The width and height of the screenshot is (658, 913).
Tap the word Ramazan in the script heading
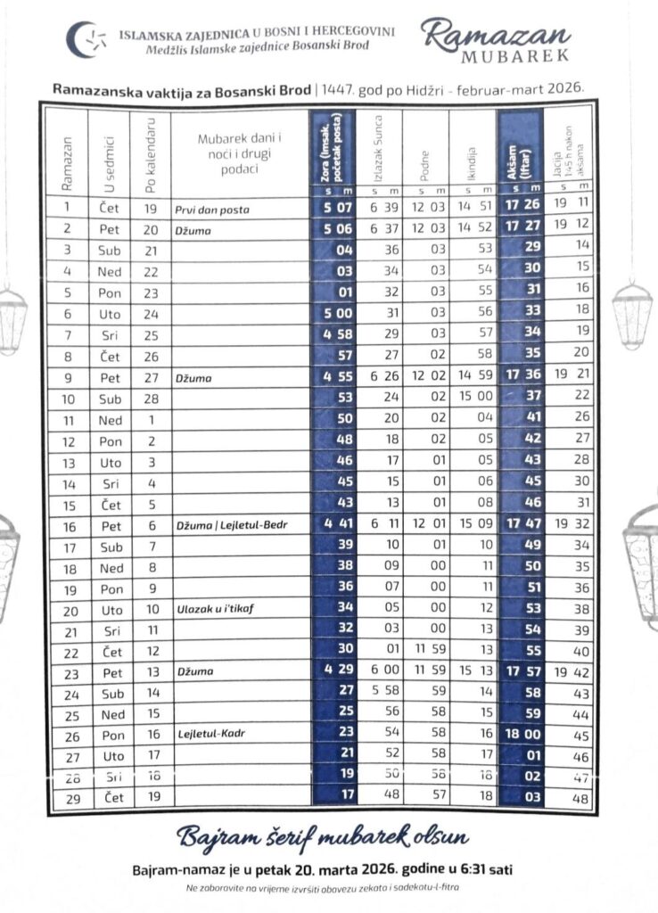(x=497, y=34)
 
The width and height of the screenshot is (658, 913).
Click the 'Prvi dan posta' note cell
(x=211, y=210)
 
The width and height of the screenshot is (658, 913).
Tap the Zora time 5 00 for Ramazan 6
(x=333, y=313)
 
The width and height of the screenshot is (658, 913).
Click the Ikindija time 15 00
(x=473, y=395)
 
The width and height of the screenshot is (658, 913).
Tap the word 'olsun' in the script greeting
(x=430, y=838)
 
